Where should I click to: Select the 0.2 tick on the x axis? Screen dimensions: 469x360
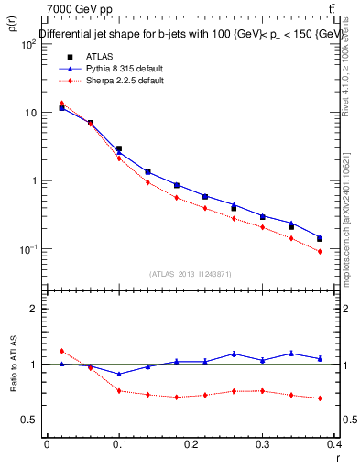[x=191, y=442]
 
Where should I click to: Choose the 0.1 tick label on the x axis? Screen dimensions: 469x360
[x=119, y=442]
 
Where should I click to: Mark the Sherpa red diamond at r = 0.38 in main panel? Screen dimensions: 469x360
[x=320, y=251]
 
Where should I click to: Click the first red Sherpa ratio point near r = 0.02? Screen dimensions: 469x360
[x=61, y=351]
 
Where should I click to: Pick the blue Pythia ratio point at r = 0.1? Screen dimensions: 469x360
[x=119, y=374]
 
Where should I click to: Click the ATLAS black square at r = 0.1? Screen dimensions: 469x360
[x=119, y=148]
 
